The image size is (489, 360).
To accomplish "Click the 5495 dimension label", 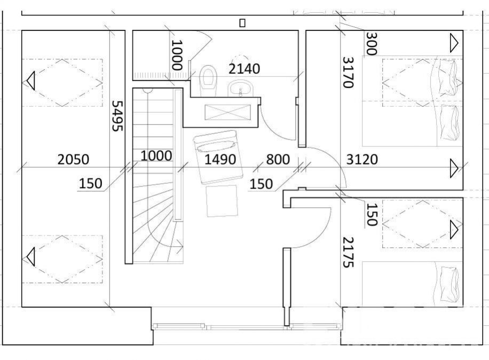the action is click(x=117, y=115).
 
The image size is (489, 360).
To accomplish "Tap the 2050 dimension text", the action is click(x=73, y=159).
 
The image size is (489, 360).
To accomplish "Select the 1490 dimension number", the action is click(x=220, y=159).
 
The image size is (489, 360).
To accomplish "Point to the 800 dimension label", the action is click(x=278, y=159).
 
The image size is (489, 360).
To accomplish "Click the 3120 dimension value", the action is click(x=362, y=159).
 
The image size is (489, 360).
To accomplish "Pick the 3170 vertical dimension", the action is click(x=348, y=73).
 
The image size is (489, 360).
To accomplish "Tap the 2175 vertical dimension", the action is click(x=348, y=252).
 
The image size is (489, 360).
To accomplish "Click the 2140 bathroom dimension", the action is click(x=244, y=68).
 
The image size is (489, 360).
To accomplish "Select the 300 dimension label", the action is click(x=371, y=43).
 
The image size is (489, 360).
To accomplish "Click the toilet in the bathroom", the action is click(x=208, y=81).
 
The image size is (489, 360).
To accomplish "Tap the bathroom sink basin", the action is click(x=240, y=88).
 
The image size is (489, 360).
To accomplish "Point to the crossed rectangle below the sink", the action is click(x=227, y=112).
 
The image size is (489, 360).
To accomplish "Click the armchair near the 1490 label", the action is click(x=218, y=157).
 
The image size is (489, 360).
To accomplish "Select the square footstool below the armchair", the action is click(x=222, y=201).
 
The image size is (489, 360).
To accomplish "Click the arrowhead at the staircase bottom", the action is click(x=180, y=246).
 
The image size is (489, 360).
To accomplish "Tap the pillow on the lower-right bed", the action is click(x=450, y=284).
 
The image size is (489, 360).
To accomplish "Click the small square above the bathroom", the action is click(x=242, y=23).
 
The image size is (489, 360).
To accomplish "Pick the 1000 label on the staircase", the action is click(x=156, y=155).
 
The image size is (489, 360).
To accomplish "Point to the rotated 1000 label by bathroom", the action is click(x=177, y=55).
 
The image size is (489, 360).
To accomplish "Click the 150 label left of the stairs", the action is click(x=90, y=183).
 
